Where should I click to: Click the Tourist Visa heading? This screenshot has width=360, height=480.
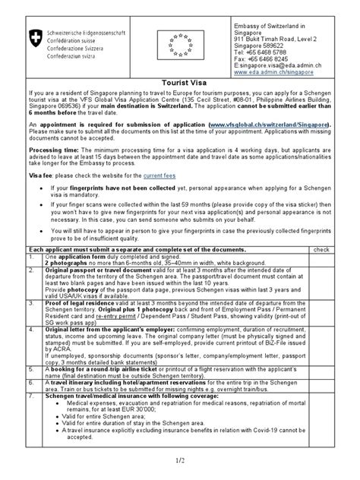pyautogui.click(x=179, y=87)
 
